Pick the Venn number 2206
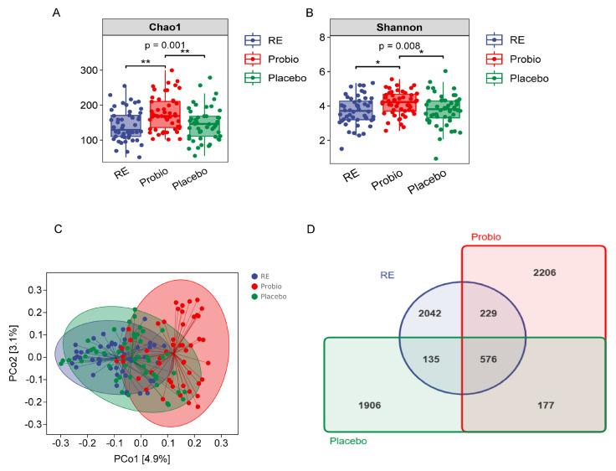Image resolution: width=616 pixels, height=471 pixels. click(544, 272)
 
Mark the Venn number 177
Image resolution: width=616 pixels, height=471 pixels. click(545, 405)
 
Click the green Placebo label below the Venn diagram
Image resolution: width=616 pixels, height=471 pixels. click(349, 441)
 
